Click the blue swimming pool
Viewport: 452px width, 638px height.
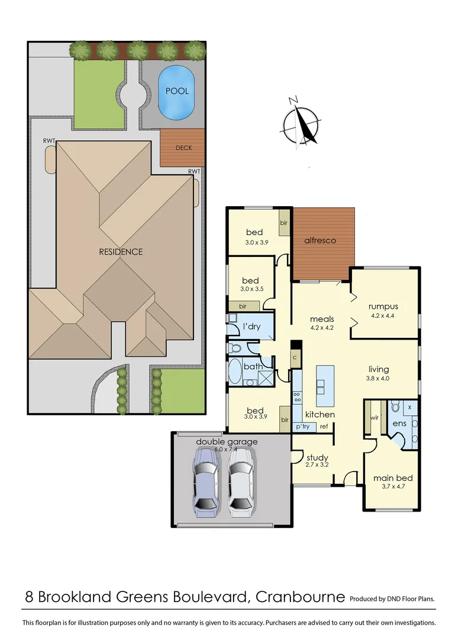pos(177,91)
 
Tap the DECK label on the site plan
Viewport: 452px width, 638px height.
pos(183,148)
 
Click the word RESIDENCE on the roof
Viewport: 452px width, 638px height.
pos(121,252)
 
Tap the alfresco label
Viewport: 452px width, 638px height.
pos(320,240)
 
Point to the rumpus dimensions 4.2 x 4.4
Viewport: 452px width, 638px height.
pos(383,316)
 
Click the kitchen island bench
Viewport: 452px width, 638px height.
pos(325,385)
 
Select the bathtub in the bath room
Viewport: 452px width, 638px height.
pos(235,372)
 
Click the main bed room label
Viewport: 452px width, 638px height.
pos(392,478)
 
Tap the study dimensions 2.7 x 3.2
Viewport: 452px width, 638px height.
pos(317,466)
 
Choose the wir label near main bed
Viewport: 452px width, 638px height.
pos(373,418)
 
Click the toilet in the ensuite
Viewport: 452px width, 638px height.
pos(396,407)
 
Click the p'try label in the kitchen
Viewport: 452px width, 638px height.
pos(303,426)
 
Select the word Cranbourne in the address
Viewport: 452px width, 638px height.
pos(300,597)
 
